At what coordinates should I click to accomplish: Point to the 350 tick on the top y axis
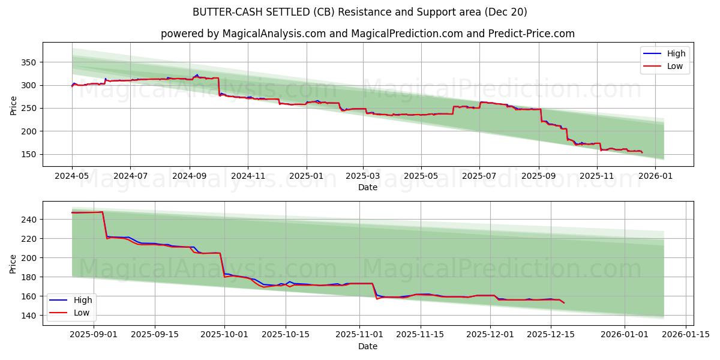tap(28, 62)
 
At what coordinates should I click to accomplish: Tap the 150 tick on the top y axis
tap(28, 154)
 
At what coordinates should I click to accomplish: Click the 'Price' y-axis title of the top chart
tap(13, 105)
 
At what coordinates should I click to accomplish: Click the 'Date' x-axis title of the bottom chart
tap(367, 346)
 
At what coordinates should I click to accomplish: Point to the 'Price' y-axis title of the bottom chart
tap(13, 264)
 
